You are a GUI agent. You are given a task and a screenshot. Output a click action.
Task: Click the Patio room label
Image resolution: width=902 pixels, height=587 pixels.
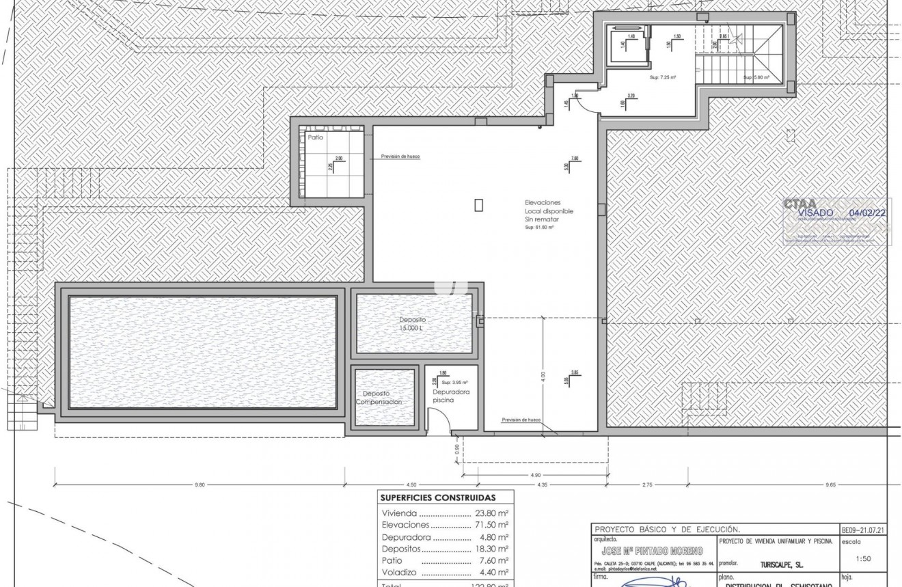[315, 137]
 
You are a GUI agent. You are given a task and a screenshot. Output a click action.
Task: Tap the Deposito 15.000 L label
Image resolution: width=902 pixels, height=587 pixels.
[413, 324]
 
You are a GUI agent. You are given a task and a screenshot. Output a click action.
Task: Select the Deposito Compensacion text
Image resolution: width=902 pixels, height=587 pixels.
[379, 398]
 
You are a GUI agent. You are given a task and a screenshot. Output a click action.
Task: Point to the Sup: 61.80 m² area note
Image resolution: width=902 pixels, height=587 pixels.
[539, 228]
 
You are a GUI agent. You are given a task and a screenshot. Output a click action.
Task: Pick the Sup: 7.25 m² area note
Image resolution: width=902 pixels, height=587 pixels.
[663, 78]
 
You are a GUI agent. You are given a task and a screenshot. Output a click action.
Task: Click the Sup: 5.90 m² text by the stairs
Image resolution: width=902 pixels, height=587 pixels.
[756, 78]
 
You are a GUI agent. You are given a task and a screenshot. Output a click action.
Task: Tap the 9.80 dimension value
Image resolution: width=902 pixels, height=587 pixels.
[199, 485]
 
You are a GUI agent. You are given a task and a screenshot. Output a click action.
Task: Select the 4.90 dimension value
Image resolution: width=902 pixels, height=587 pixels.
[535, 475]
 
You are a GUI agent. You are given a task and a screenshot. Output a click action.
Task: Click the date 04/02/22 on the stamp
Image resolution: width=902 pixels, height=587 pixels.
[867, 213]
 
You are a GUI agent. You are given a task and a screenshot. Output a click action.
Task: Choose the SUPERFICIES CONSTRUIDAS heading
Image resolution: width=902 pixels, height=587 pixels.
[437, 497]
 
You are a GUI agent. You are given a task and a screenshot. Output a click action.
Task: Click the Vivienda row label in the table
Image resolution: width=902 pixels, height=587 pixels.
[399, 513]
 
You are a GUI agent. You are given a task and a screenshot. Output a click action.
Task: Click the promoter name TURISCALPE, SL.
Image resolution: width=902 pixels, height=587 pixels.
[781, 565]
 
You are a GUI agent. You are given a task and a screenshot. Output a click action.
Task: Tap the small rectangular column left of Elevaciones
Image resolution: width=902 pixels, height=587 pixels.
[479, 204]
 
